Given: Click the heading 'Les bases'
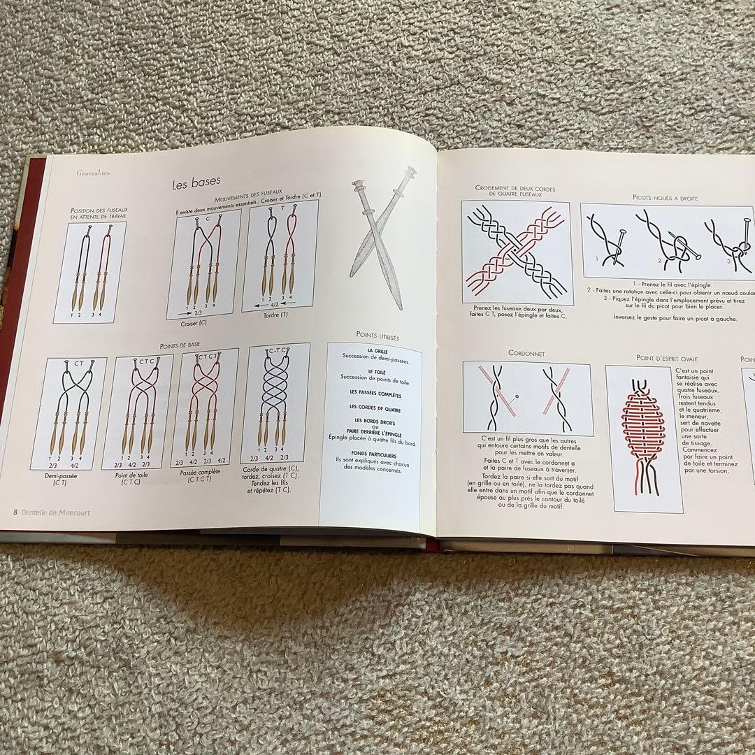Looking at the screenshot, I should coord(196,184).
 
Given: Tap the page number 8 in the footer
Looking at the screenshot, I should coord(15,512).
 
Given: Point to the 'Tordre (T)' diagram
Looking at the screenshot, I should coord(280,257).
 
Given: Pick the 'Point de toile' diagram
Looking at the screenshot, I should coord(138,411).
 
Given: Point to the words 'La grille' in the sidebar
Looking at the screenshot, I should coord(377,351).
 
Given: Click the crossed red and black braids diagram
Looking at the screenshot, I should coord(517,253).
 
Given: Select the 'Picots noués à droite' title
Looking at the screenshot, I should coord(665,198).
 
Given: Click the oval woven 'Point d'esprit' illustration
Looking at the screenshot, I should coord(643,439).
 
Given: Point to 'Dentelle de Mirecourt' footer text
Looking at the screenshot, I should coord(55,512).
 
